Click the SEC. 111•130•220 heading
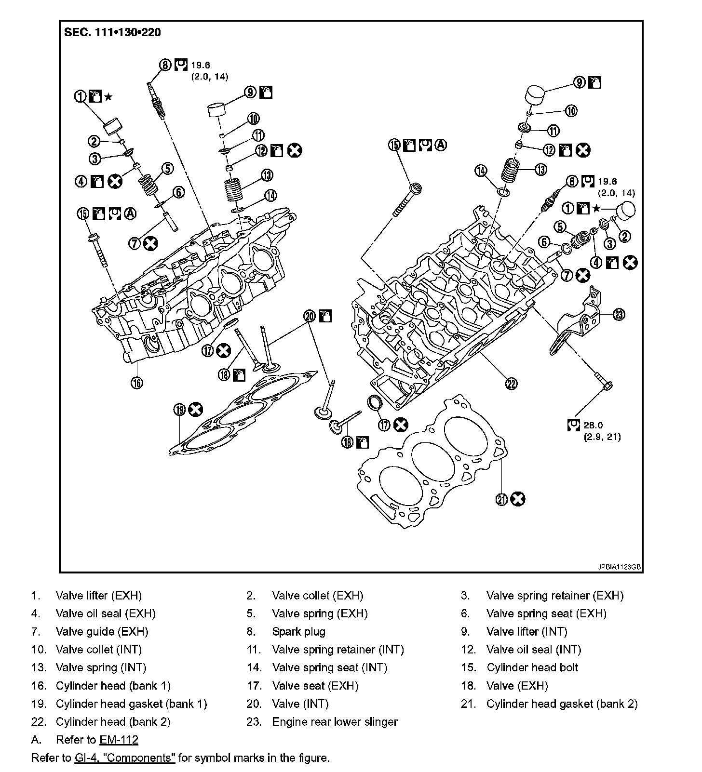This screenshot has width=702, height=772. (x=112, y=33)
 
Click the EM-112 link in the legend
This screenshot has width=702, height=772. (x=119, y=740)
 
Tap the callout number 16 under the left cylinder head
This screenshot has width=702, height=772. (x=137, y=383)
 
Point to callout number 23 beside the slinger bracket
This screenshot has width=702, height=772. (x=619, y=315)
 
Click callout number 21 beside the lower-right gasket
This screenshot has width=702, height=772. (x=502, y=500)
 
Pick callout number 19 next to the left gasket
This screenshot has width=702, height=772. (x=180, y=410)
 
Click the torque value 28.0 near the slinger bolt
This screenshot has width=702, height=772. (x=593, y=426)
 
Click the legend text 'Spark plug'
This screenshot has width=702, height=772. (x=298, y=632)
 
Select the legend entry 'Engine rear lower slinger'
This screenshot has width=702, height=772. (x=335, y=722)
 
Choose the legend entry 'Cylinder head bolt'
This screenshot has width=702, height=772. (x=532, y=668)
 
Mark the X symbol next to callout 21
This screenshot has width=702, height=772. (x=518, y=500)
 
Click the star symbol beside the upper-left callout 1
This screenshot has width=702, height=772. (x=108, y=97)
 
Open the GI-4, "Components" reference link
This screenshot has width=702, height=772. (x=125, y=758)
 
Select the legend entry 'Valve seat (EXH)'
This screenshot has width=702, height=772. (x=315, y=686)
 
